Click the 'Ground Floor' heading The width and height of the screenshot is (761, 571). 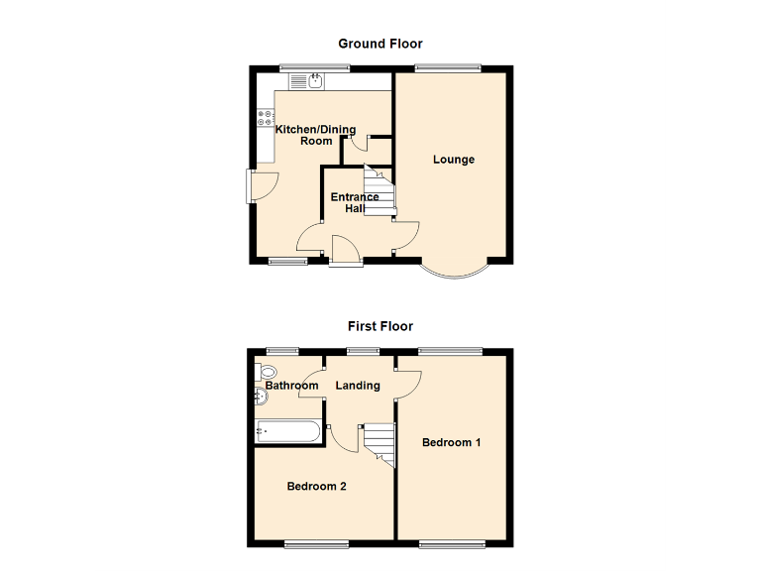(x=380, y=44)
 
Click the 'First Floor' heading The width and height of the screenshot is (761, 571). (x=380, y=326)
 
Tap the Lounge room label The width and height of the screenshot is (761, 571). (x=453, y=160)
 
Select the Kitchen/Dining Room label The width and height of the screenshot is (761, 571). (x=317, y=135)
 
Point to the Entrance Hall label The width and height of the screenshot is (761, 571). (x=354, y=203)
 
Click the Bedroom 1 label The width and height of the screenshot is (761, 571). (x=451, y=442)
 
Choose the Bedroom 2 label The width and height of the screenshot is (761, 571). (x=316, y=487)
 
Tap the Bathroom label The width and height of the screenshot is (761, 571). (x=291, y=386)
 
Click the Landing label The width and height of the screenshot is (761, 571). (x=357, y=386)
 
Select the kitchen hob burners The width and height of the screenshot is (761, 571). (x=266, y=119)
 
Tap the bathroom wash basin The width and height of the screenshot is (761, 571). (x=261, y=397)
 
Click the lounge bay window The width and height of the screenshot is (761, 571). (x=456, y=271)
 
